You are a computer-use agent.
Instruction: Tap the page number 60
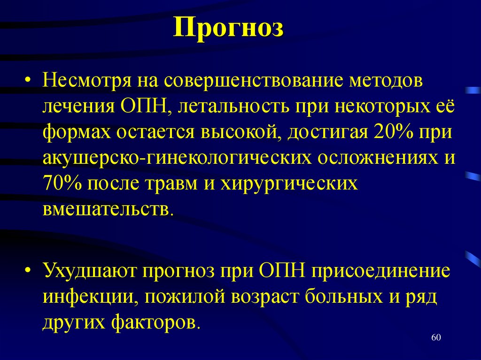[436, 338]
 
